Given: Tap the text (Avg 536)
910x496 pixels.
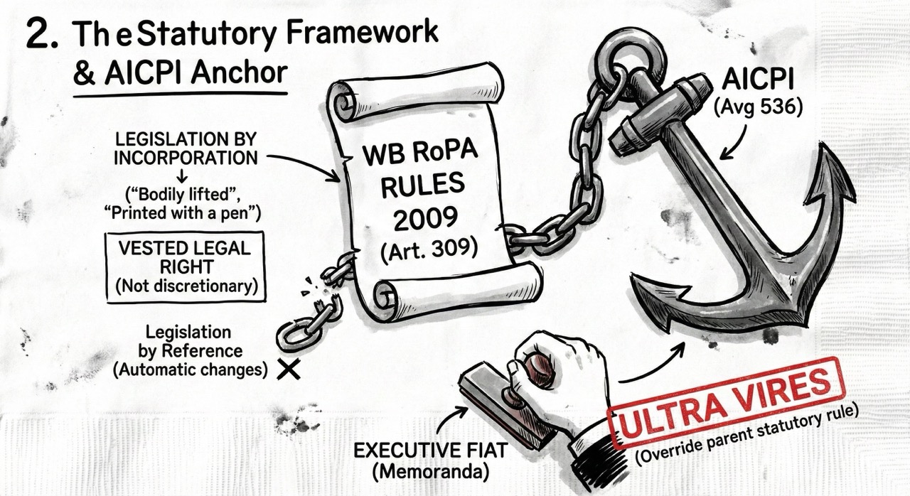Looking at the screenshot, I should coord(757,108).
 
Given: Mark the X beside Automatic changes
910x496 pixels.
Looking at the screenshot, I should coord(289,369).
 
